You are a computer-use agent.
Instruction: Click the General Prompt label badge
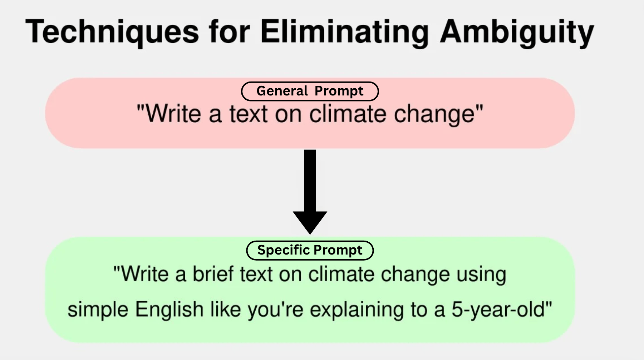[310, 91]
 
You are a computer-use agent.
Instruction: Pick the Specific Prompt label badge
[310, 250]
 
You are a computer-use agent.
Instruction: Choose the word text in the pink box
[249, 114]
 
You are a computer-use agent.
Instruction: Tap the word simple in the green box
[98, 310]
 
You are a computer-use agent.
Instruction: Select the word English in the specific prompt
[169, 310]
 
